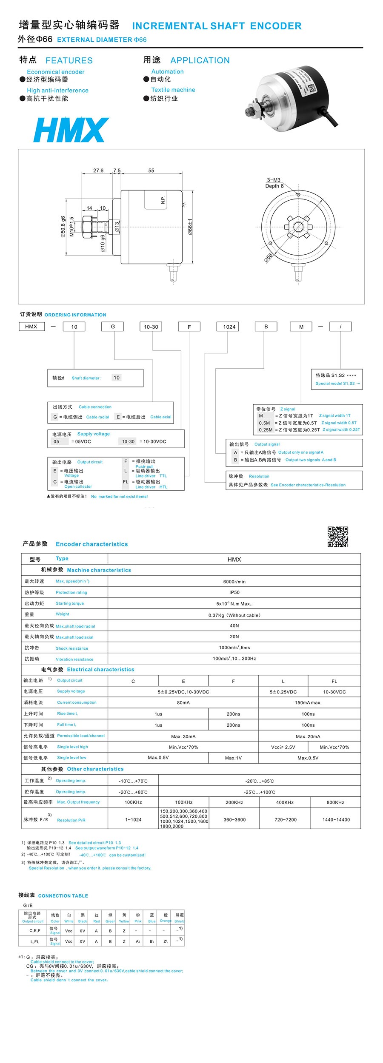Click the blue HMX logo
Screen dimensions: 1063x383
coord(71,130)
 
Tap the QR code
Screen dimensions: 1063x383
coord(337,536)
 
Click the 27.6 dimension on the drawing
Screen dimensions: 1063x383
coord(98,171)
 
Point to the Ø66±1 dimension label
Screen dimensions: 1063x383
coord(190,226)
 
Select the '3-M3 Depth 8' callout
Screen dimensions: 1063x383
coord(274,183)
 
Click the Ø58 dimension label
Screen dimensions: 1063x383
coord(269,258)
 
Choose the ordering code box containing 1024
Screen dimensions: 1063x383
coord(229,327)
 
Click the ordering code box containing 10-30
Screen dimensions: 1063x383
coord(151,327)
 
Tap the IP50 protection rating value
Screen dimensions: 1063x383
coord(234,592)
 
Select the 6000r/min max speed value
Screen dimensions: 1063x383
coord(234,582)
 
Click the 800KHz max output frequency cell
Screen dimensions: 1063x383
coord(335,802)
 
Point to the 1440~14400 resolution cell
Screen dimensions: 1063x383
coord(336,819)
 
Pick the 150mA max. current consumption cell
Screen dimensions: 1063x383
coord(308,702)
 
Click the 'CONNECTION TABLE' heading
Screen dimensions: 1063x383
coord(63,895)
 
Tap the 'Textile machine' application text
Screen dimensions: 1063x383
coord(173,90)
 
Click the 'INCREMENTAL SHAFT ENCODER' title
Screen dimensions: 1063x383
coord(217,26)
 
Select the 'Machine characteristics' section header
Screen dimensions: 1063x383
coord(99,570)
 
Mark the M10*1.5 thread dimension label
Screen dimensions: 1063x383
coord(71,226)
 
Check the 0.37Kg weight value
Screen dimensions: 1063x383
coord(234,615)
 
